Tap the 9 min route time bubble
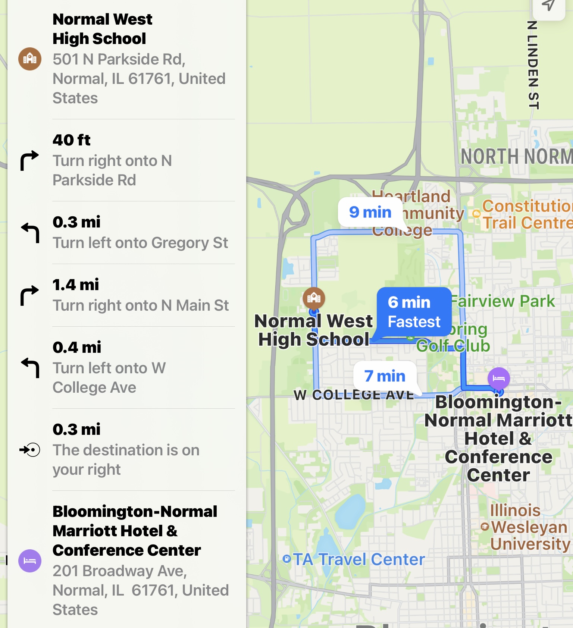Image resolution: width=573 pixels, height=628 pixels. (370, 212)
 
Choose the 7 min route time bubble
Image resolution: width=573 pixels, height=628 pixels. (385, 376)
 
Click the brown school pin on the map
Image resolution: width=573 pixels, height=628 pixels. (314, 298)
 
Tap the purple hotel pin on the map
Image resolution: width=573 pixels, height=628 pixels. (498, 378)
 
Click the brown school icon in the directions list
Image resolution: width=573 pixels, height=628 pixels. (30, 59)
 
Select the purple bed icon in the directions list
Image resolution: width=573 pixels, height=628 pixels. (30, 561)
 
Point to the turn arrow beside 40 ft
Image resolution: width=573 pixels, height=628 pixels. (29, 160)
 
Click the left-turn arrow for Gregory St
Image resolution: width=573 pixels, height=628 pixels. (30, 232)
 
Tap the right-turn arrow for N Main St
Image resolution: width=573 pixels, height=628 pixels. (29, 295)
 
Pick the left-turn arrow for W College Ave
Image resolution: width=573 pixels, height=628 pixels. (30, 367)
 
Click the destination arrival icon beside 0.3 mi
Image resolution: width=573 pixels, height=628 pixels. (30, 450)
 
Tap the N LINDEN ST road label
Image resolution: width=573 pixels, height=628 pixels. (533, 65)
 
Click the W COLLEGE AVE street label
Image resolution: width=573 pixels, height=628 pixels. (354, 395)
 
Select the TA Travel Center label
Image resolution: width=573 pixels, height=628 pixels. (358, 559)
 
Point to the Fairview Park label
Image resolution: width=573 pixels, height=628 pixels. (503, 301)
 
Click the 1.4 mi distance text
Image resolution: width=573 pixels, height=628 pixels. (76, 285)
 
